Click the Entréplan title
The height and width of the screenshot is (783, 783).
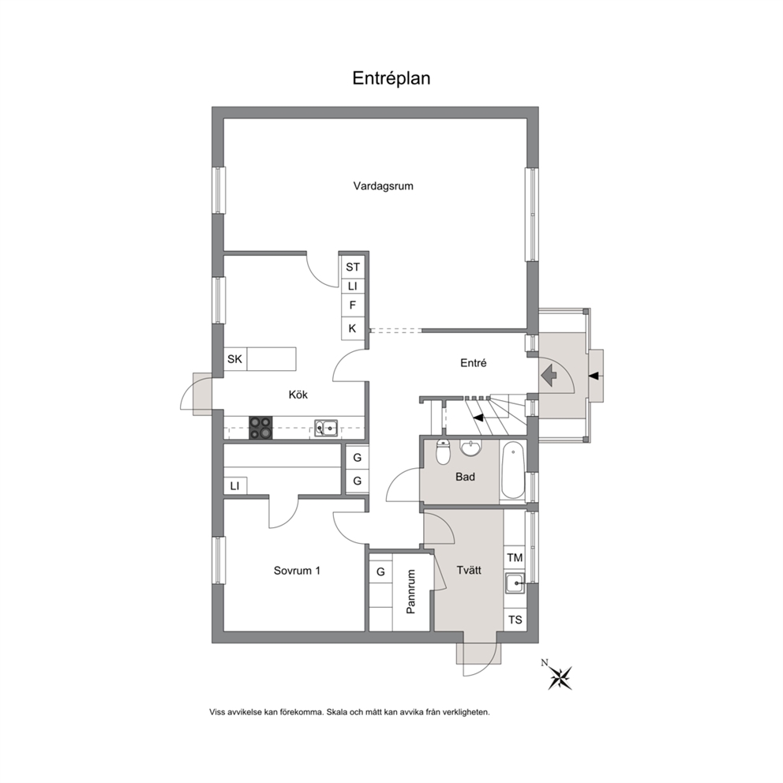pyautogui.click(x=391, y=78)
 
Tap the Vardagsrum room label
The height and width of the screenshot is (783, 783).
pyautogui.click(x=383, y=186)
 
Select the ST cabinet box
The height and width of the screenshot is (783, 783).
pyautogui.click(x=353, y=267)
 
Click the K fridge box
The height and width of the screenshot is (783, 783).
pyautogui.click(x=353, y=328)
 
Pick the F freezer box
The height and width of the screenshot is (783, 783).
pyautogui.click(x=353, y=305)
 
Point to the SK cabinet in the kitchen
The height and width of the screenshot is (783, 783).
pyautogui.click(x=235, y=359)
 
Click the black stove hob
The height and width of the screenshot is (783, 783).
pyautogui.click(x=260, y=428)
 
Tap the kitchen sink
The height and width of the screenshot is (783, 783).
pyautogui.click(x=325, y=428)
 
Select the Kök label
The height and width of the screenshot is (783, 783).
pyautogui.click(x=298, y=395)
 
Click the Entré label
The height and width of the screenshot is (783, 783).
pyautogui.click(x=474, y=363)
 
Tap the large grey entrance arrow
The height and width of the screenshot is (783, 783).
pyautogui.click(x=549, y=375)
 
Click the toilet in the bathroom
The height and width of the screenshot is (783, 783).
pyautogui.click(x=443, y=452)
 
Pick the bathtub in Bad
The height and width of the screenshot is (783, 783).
pyautogui.click(x=513, y=470)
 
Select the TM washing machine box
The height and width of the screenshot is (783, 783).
pyautogui.click(x=515, y=558)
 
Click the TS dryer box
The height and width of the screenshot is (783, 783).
pyautogui.click(x=515, y=620)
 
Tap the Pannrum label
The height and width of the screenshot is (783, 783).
pyautogui.click(x=411, y=592)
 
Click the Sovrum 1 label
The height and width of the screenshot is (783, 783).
pyautogui.click(x=297, y=570)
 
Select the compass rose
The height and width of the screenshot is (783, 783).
pyautogui.click(x=560, y=678)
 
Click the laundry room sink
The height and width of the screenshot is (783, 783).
pyautogui.click(x=515, y=583)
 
